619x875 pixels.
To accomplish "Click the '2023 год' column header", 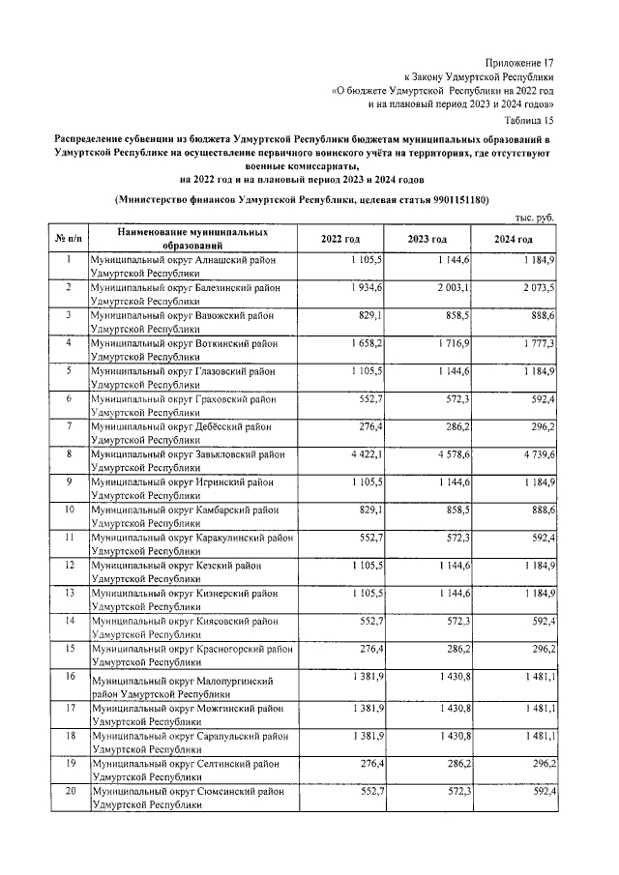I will click(427, 240).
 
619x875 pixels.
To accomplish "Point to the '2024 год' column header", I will click(514, 240).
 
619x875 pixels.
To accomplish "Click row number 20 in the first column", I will click(69, 791).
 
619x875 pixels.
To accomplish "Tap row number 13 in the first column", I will click(69, 592).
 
